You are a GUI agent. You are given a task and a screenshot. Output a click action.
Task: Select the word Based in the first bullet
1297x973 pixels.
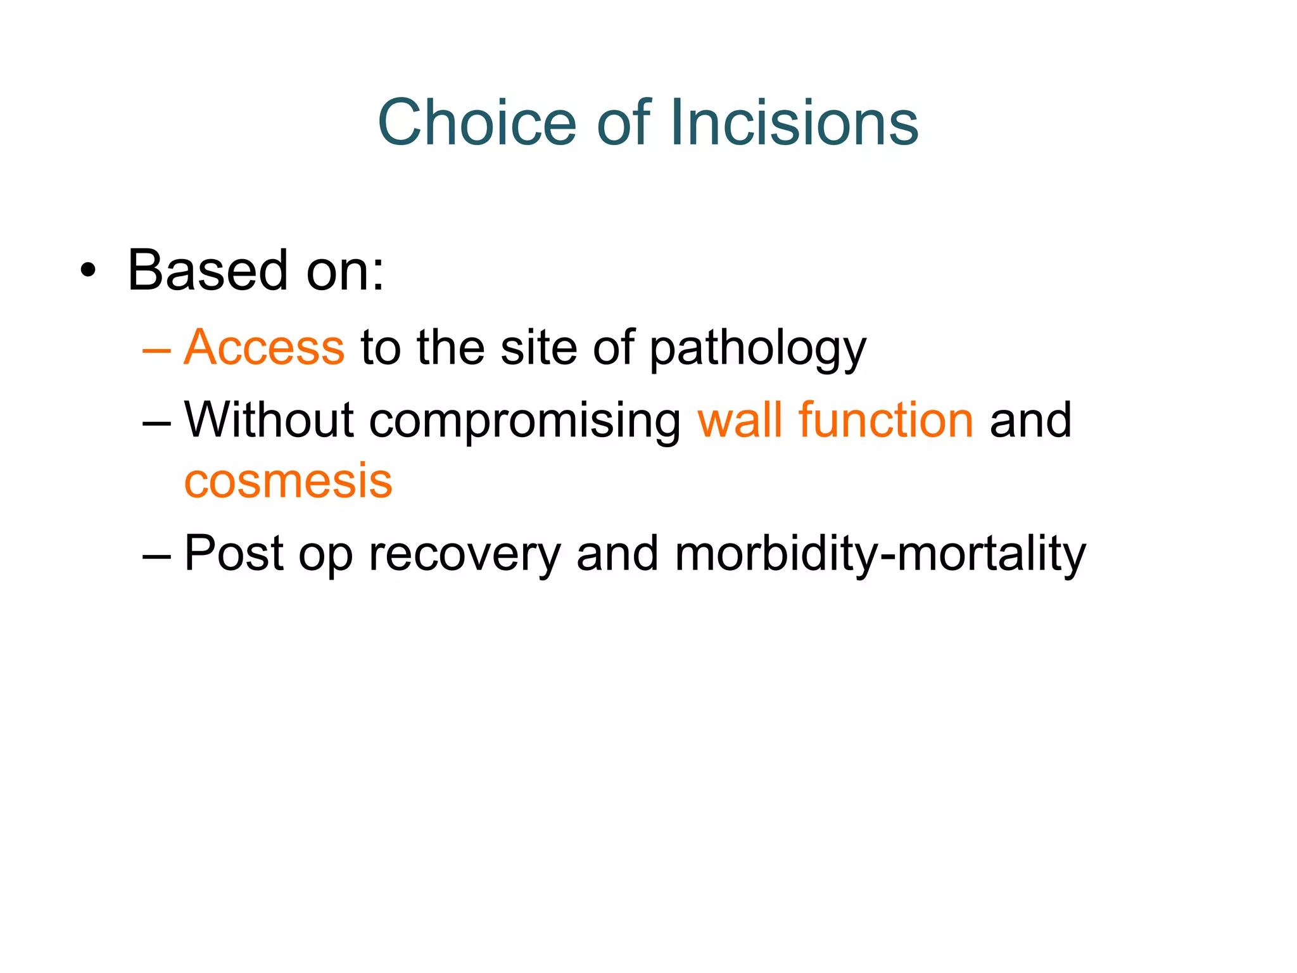click(208, 270)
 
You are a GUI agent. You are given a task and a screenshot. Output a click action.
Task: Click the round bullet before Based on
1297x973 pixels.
click(89, 272)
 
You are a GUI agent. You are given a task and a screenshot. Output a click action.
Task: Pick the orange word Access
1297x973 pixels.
click(264, 348)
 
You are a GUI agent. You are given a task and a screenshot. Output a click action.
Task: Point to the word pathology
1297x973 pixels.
click(757, 349)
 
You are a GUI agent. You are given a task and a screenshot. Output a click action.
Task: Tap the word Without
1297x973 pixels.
click(269, 420)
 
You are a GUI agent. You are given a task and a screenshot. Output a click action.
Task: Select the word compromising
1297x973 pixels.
click(524, 422)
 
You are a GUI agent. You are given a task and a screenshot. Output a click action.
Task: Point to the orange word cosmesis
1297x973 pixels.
click(288, 481)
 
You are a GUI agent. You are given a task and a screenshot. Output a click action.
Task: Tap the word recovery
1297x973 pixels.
click(464, 555)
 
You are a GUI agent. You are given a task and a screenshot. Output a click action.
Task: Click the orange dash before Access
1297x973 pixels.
click(156, 349)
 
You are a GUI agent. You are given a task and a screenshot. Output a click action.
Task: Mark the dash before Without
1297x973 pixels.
click(156, 422)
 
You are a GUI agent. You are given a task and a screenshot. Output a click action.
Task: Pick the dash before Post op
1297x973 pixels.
click(156, 556)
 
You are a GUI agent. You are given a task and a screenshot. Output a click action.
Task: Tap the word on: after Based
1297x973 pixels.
click(345, 272)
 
